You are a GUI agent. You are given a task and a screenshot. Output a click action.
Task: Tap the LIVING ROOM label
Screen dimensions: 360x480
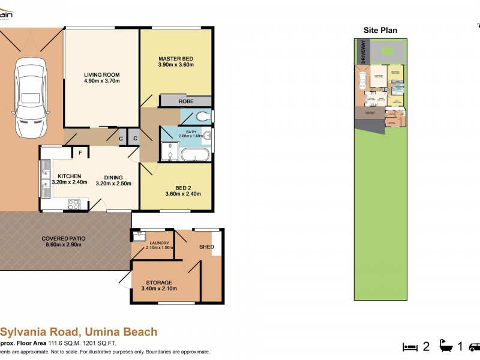pos(102,75)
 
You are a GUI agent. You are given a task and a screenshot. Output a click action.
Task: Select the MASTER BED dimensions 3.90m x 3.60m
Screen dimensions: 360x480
pos(176,65)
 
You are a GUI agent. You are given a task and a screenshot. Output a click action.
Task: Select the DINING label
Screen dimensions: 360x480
pos(113,178)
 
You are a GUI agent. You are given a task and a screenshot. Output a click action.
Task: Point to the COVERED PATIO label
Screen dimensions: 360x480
pos(62,238)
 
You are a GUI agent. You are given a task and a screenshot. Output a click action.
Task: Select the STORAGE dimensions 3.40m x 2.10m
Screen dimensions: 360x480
pos(158,289)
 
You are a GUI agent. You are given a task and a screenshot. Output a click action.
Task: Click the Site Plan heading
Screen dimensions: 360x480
pos(380,31)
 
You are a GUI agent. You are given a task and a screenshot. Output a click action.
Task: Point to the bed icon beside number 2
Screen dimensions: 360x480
pos(409,347)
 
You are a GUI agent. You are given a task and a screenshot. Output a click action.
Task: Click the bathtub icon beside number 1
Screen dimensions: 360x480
pos(447,347)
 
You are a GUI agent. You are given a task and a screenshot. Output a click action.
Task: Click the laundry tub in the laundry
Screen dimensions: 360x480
pos(138,235)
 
